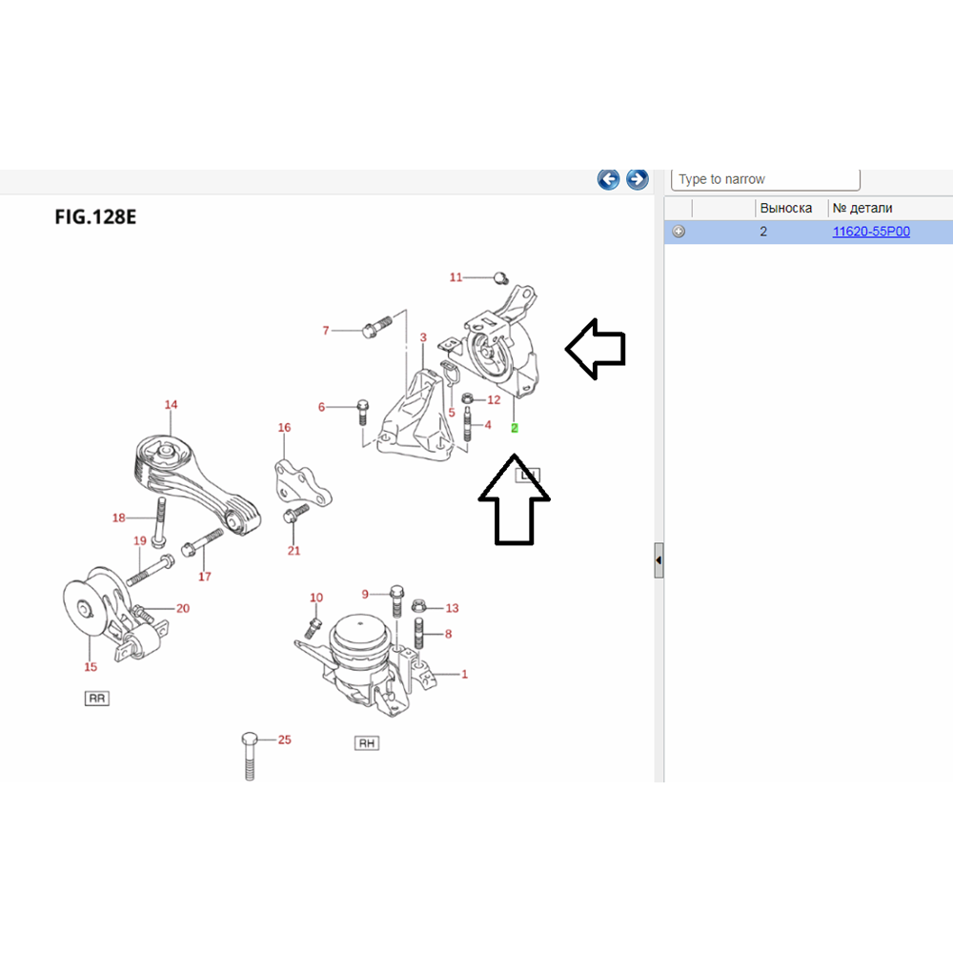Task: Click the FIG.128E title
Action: pos(95,216)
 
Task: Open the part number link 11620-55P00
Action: pos(871,232)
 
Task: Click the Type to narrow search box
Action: pos(765,179)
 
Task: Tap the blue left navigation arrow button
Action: pos(608,178)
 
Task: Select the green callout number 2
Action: pos(515,428)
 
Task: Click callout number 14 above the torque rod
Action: pos(171,405)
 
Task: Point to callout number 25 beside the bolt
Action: pos(284,740)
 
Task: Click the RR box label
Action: pos(97,699)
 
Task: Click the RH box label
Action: pos(366,743)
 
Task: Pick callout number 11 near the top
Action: pos(456,277)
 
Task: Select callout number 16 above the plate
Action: pos(284,428)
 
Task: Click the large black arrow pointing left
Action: pos(596,349)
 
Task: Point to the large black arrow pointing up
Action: pos(514,503)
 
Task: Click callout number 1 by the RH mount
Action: pos(464,675)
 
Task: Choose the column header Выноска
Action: pos(785,208)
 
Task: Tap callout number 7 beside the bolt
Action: pos(326,331)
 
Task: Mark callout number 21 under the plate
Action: pos(294,551)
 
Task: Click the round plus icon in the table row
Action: pos(679,232)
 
